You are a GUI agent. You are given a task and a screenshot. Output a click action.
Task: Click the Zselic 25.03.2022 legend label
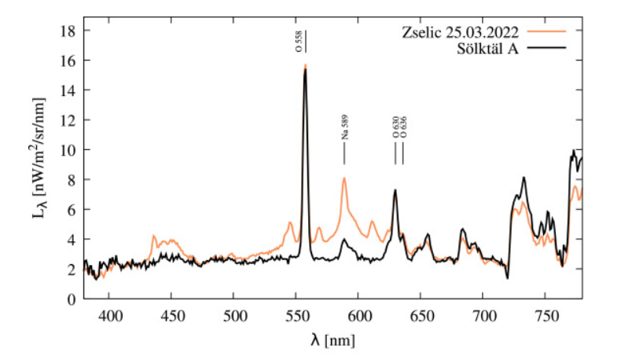click(x=458, y=34)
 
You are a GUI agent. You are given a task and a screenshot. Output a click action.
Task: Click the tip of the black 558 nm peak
click(x=305, y=70)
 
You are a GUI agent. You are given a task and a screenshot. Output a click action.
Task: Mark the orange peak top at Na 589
click(x=344, y=178)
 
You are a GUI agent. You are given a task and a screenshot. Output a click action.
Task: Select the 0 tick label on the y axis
click(x=71, y=299)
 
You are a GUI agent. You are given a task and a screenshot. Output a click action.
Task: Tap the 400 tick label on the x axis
click(x=109, y=316)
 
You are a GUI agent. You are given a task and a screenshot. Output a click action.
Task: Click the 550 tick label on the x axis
click(x=296, y=316)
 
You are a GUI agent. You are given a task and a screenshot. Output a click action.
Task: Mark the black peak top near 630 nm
click(x=395, y=190)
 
